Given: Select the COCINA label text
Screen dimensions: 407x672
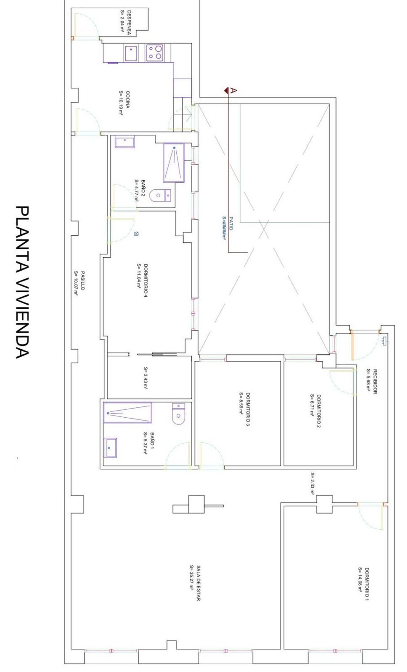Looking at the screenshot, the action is tap(128, 100).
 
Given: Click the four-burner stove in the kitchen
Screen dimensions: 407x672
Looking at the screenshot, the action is tap(155, 53).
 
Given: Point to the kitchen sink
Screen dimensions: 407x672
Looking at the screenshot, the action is tap(131, 53).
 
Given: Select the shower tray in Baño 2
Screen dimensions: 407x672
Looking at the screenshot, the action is tap(173, 162).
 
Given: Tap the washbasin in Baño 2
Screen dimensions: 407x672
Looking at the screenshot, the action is tap(125, 142).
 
